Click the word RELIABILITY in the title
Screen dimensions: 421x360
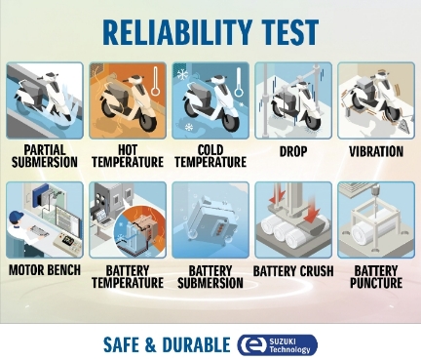pyautogui.click(x=177, y=32)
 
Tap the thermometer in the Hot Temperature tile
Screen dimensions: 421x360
pyautogui.click(x=156, y=81)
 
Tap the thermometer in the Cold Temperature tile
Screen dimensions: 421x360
pyautogui.click(x=239, y=82)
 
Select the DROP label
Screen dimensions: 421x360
pyautogui.click(x=293, y=151)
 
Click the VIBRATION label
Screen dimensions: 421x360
pyautogui.click(x=376, y=151)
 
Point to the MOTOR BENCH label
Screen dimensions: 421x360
pyautogui.click(x=45, y=270)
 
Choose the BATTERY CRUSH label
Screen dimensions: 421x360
pyautogui.click(x=293, y=271)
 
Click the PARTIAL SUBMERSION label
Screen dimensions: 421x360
pyautogui.click(x=45, y=156)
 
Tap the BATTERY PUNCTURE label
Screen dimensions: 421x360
pyautogui.click(x=376, y=277)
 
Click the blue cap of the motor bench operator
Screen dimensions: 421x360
pyautogui.click(x=17, y=216)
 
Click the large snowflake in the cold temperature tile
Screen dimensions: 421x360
pyautogui.click(x=182, y=75)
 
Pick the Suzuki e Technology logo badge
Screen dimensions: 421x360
pyautogui.click(x=278, y=345)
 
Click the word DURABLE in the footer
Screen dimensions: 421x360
pyautogui.click(x=196, y=345)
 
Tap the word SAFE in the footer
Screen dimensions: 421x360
pyautogui.click(x=122, y=345)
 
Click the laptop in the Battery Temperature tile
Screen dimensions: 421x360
pyautogui.click(x=103, y=218)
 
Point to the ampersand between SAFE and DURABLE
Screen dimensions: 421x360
pyautogui.click(x=151, y=345)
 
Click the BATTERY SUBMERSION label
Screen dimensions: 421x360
pyautogui.click(x=210, y=277)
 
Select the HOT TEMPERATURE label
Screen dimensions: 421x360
pyautogui.click(x=128, y=156)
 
